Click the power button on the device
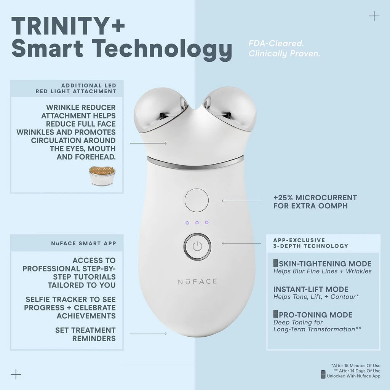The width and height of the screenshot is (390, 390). [x=197, y=246]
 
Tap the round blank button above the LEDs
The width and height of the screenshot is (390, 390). [x=197, y=200]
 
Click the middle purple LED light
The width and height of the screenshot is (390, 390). [x=197, y=222]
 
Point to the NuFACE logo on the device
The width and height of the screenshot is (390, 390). [x=197, y=281]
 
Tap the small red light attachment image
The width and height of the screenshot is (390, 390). [x=102, y=176]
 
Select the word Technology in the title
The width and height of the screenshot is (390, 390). [x=163, y=50]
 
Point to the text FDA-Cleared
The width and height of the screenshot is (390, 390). [x=276, y=43]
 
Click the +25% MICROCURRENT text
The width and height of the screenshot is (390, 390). [x=315, y=198]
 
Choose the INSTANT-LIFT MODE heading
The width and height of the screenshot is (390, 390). [x=311, y=289]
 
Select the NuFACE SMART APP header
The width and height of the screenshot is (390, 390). [x=83, y=243]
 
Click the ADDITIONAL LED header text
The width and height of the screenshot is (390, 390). [x=89, y=86]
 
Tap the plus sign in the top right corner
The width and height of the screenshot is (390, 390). [x=374, y=16]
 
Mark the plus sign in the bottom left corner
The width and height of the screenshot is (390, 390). [x=16, y=374]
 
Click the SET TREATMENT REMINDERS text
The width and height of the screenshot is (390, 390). [x=85, y=334]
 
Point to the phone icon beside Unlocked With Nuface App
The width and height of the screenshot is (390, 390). [x=323, y=375]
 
